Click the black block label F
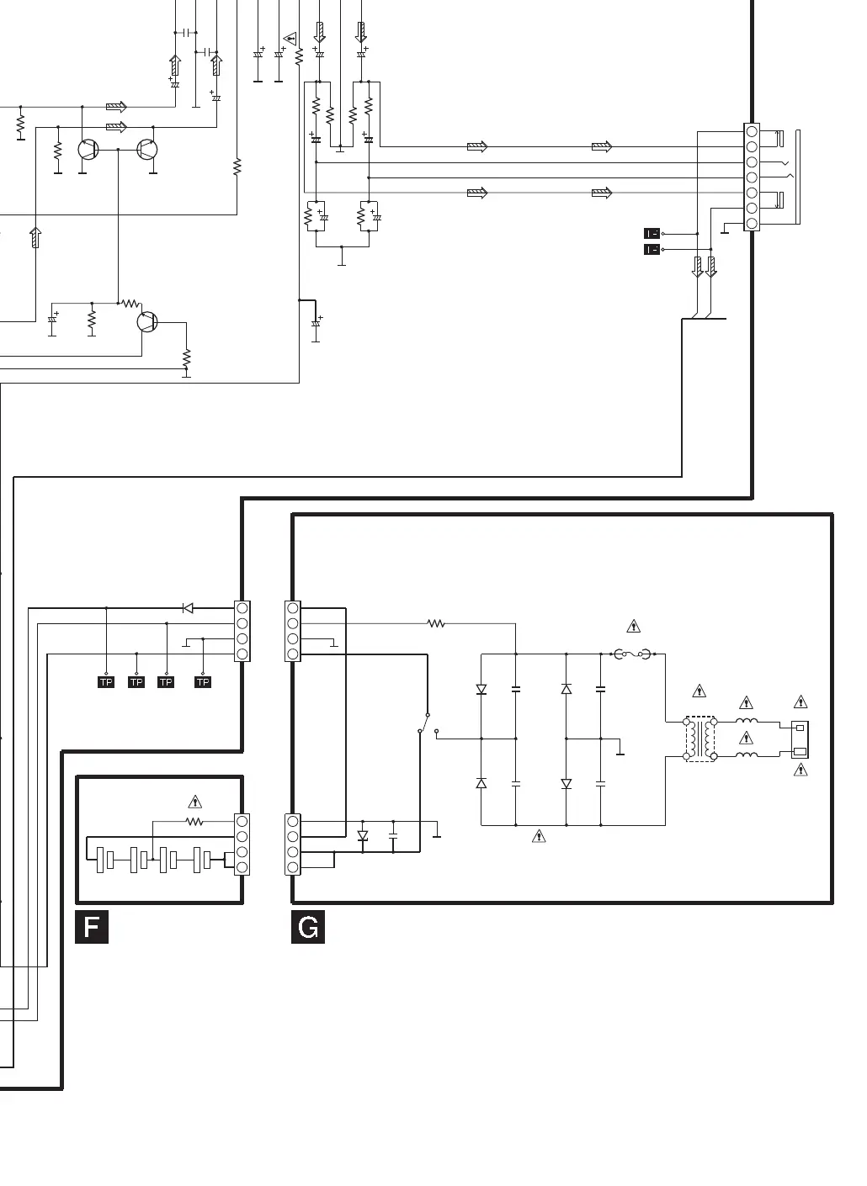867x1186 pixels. click(x=92, y=927)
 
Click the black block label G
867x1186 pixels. click(x=308, y=927)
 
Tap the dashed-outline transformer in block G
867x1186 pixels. click(x=700, y=739)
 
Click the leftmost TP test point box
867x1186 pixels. click(x=106, y=682)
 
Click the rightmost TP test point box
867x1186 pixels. click(x=203, y=682)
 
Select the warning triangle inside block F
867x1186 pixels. click(x=194, y=802)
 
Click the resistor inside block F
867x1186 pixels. click(x=194, y=821)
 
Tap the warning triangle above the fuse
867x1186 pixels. click(x=634, y=627)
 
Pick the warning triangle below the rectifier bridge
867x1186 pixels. click(x=540, y=836)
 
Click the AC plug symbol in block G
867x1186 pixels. click(x=801, y=739)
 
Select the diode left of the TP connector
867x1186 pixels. click(x=188, y=608)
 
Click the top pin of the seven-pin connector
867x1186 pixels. click(x=752, y=132)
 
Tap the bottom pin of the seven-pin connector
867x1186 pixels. click(x=752, y=223)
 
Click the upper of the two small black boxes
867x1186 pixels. click(x=652, y=233)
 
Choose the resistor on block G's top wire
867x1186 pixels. click(x=436, y=623)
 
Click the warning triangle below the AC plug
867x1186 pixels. click(x=801, y=770)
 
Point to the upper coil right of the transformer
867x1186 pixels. click(x=747, y=722)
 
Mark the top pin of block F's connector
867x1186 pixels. click(x=242, y=821)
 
